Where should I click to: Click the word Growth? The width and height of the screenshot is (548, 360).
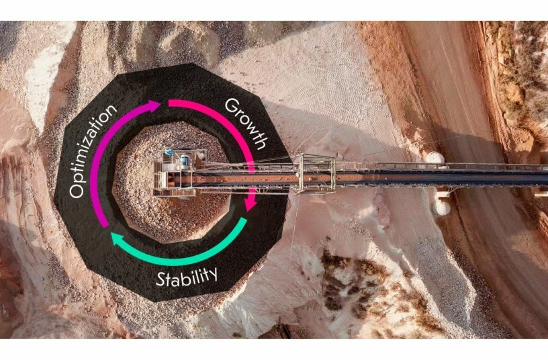pyautogui.click(x=246, y=124)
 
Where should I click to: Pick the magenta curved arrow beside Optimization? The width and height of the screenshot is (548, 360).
pyautogui.click(x=108, y=161)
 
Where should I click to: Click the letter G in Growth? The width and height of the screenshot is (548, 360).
pyautogui.click(x=230, y=106)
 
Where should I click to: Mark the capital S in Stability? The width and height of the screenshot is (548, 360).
pyautogui.click(x=161, y=279)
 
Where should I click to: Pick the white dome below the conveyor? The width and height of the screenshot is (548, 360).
pyautogui.click(x=441, y=207)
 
